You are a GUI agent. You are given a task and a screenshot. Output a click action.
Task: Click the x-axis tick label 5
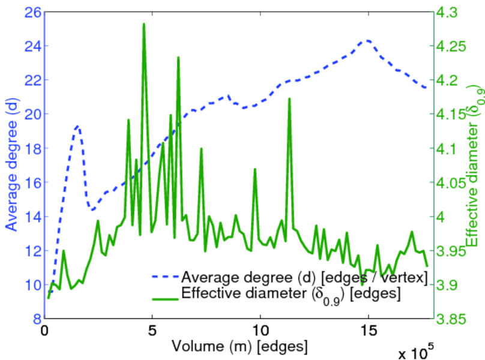[x=152, y=332]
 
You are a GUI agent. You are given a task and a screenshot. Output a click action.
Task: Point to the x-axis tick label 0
[x=44, y=332]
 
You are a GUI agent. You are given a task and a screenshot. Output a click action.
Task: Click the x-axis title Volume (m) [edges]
[x=240, y=346]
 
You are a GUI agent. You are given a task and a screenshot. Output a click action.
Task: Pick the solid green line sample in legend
[x=164, y=294]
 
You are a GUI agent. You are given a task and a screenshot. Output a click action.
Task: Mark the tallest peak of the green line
[x=144, y=24]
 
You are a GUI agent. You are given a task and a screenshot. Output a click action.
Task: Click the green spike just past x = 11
[x=289, y=98]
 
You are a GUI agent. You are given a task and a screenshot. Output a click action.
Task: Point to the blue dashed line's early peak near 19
[x=77, y=126]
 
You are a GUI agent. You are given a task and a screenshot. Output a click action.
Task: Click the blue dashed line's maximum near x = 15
[x=367, y=40]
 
